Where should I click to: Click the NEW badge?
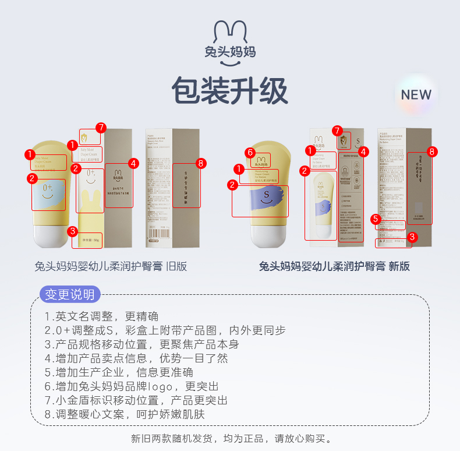[416, 95]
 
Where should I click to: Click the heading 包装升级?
[229, 91]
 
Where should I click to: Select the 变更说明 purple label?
[70, 294]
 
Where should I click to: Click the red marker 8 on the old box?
[201, 164]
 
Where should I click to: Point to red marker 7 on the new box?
[337, 131]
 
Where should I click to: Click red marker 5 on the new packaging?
[376, 219]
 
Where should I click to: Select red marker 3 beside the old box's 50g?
[73, 231]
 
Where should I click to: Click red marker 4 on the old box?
[133, 164]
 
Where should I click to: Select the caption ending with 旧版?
[111, 266]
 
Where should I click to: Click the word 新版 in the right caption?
[399, 266]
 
